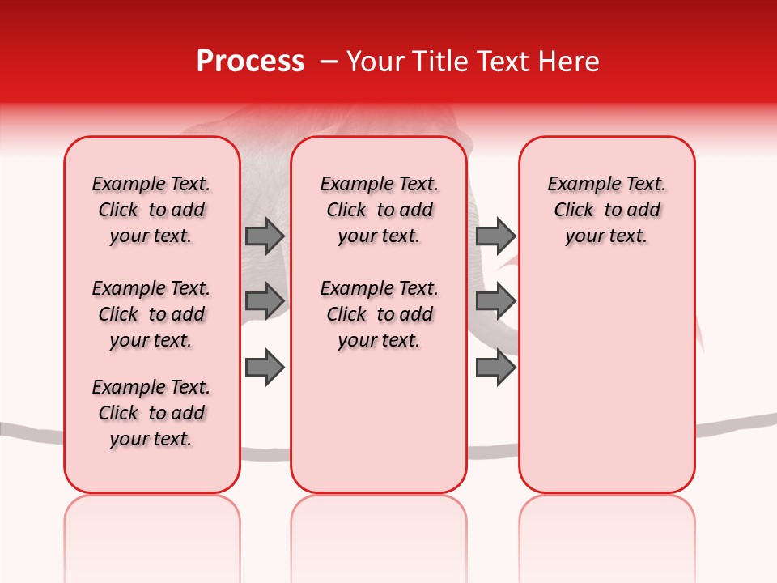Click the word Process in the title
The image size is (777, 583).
(250, 61)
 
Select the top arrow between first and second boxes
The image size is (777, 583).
(265, 236)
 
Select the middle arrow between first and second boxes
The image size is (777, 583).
(265, 300)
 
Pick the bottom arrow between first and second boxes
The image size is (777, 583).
(265, 366)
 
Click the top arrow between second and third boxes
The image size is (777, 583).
(495, 236)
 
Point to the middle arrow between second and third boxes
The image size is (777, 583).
(495, 300)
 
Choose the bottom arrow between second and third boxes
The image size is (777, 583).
(495, 366)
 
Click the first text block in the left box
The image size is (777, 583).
(151, 210)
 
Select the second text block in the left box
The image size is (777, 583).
(151, 314)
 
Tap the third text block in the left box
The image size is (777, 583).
(151, 413)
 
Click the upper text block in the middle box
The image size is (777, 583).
(379, 210)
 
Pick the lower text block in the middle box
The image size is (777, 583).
(379, 314)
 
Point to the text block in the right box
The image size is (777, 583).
(606, 210)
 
